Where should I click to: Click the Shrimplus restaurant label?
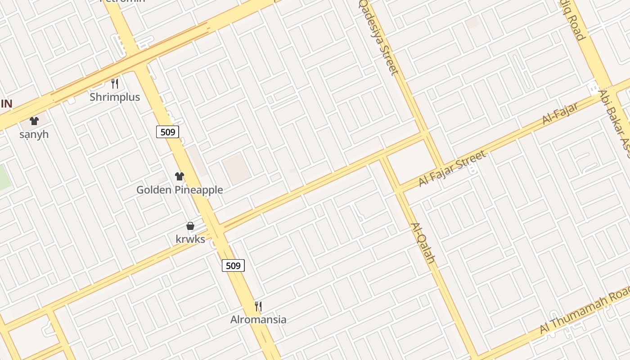(x=115, y=97)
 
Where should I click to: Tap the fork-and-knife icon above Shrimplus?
(x=115, y=83)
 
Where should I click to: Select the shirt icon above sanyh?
(x=34, y=121)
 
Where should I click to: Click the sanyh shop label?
(x=34, y=135)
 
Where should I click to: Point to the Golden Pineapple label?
(x=180, y=190)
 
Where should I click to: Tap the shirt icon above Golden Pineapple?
(x=180, y=176)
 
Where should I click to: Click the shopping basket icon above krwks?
(x=190, y=226)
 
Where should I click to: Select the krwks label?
(x=190, y=239)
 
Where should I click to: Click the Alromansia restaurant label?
(x=258, y=320)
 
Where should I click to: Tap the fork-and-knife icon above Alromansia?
(x=258, y=306)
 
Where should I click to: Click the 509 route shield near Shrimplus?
(x=168, y=132)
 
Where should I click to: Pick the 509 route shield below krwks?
(x=233, y=265)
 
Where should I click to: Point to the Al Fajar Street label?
(x=452, y=169)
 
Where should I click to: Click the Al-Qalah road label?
(x=423, y=243)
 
